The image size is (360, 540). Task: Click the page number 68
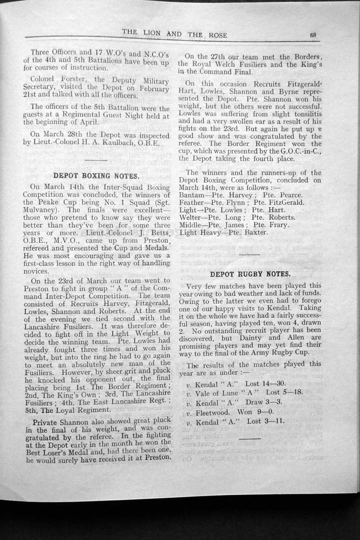click(312, 35)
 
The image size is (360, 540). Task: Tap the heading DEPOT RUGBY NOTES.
click(250, 274)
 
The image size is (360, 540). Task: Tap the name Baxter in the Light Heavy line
click(255, 232)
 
